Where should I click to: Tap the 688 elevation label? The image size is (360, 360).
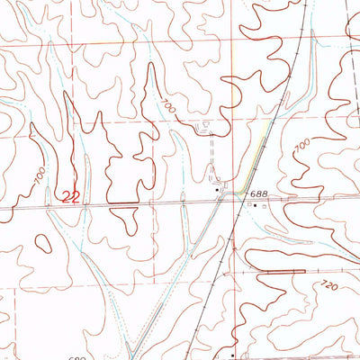tap(259, 193)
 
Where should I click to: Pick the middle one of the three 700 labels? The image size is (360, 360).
tap(168, 106)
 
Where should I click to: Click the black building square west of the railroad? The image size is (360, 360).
tap(217, 192)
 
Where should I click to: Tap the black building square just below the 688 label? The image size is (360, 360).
tap(256, 205)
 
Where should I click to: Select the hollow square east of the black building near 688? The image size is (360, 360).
tap(265, 206)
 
